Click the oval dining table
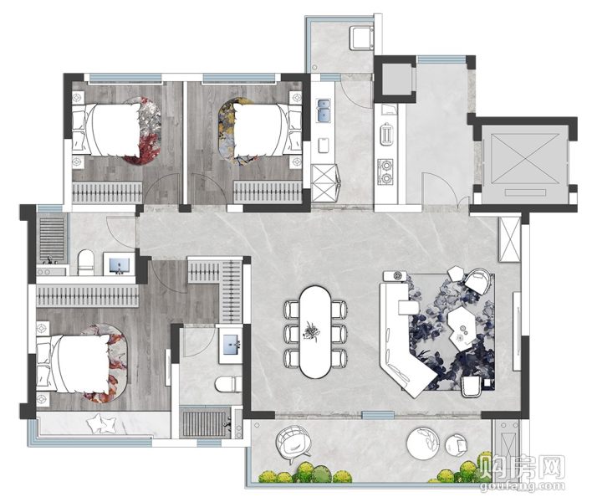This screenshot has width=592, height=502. click(x=315, y=332)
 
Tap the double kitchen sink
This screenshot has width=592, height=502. click(x=324, y=110)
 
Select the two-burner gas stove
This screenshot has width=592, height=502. click(x=385, y=172)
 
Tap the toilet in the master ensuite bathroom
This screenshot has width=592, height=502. click(x=228, y=384)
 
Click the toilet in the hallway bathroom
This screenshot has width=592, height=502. click(x=86, y=262)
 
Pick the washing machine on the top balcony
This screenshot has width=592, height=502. click(x=362, y=38)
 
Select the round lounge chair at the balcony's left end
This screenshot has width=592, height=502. click(x=293, y=443)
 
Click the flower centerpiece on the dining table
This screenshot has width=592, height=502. click(x=312, y=331)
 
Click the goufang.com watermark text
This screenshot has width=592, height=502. click(x=523, y=486)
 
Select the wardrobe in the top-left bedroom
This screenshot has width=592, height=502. click(x=107, y=192)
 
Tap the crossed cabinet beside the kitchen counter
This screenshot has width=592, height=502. click(x=324, y=182)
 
